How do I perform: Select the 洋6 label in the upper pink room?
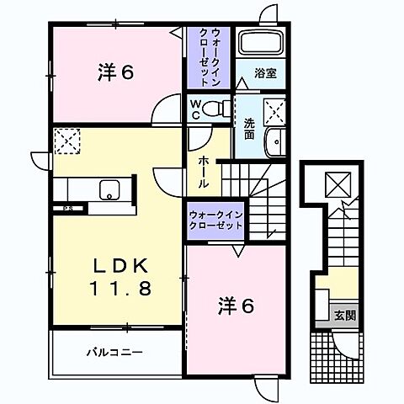tap(115, 74)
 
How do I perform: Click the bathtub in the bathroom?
tap(261, 43)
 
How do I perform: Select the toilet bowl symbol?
tap(216, 108)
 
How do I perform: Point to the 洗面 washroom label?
tap(250, 128)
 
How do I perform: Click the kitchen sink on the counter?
tap(109, 189)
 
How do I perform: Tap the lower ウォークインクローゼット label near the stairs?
tap(216, 221)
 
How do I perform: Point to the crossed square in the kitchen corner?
tap(66, 141)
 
